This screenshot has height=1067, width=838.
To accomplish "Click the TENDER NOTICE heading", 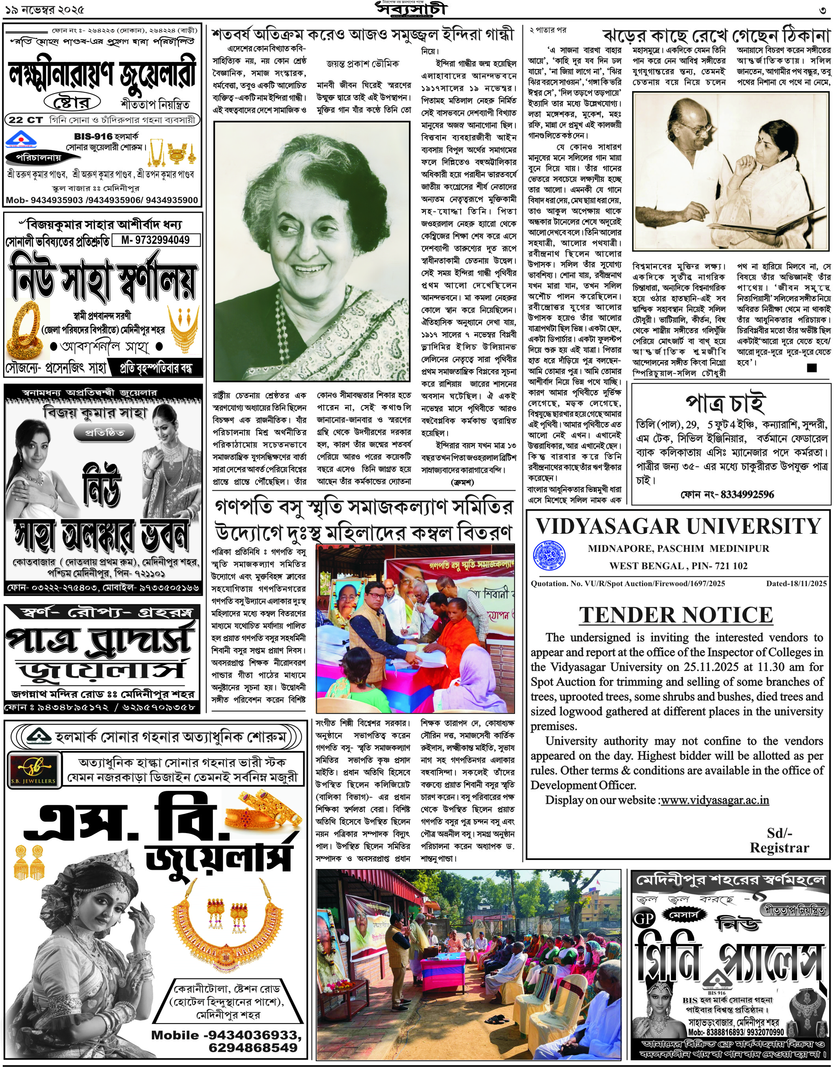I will tap(676, 615).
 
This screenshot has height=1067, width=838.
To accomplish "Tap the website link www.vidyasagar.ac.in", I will tap(715, 800).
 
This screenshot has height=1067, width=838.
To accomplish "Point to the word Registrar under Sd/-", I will tap(779, 848).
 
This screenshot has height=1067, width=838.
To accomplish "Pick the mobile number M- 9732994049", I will tap(155, 240).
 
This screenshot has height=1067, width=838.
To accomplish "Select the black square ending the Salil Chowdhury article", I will tap(812, 368).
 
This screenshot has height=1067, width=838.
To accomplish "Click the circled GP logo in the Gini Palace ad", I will tap(643, 918).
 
